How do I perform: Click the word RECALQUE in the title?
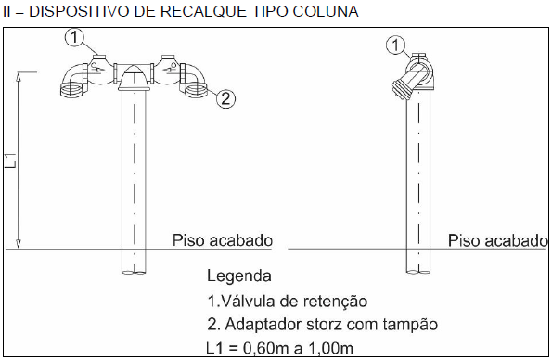[x=203, y=12]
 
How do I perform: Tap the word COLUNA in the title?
[x=326, y=12]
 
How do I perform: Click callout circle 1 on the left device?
[x=74, y=37]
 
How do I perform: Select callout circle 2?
[x=225, y=98]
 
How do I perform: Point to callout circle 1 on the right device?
[x=395, y=45]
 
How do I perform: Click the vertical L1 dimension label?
[x=11, y=161]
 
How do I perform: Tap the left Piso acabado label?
[x=223, y=240]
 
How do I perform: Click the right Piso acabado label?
[x=498, y=241]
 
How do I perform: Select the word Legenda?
[x=239, y=276]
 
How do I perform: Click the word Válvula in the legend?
[x=249, y=302]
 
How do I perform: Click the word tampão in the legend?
[x=410, y=325]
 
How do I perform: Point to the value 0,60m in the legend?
[x=265, y=348]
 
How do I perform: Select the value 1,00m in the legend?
[x=331, y=348]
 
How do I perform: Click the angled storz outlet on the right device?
[x=404, y=85]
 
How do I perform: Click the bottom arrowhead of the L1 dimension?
[x=19, y=243]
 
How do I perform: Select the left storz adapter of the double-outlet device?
[x=73, y=88]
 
